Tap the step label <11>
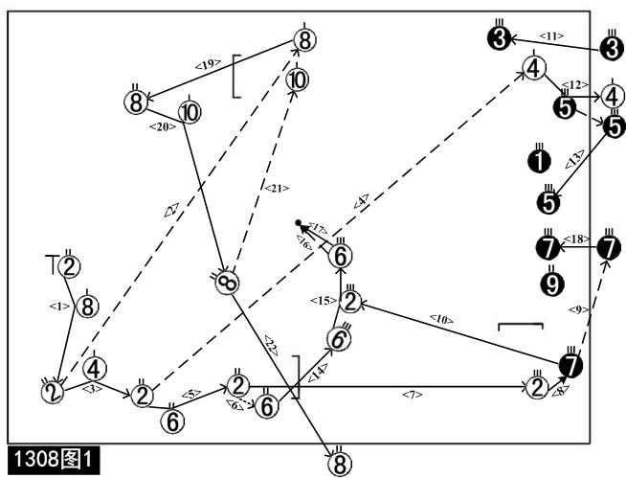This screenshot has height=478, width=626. pyautogui.click(x=551, y=35)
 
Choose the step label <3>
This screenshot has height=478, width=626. pyautogui.click(x=93, y=388)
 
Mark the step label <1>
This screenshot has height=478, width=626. pyautogui.click(x=56, y=306)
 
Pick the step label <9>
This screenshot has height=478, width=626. pyautogui.click(x=575, y=308)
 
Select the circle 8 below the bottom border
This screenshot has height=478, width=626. pyautogui.click(x=336, y=464)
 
